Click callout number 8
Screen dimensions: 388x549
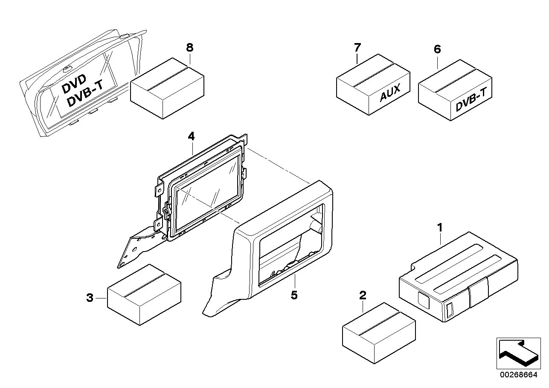tap(190, 48)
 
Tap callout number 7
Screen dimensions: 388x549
tap(357, 47)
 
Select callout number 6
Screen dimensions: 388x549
tap(437, 49)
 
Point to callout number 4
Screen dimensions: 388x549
tap(191, 136)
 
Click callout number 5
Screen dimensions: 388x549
tap(294, 295)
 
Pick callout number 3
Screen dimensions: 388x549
tap(90, 298)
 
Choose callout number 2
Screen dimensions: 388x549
tap(363, 295)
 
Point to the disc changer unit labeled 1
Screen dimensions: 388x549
tap(459, 277)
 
